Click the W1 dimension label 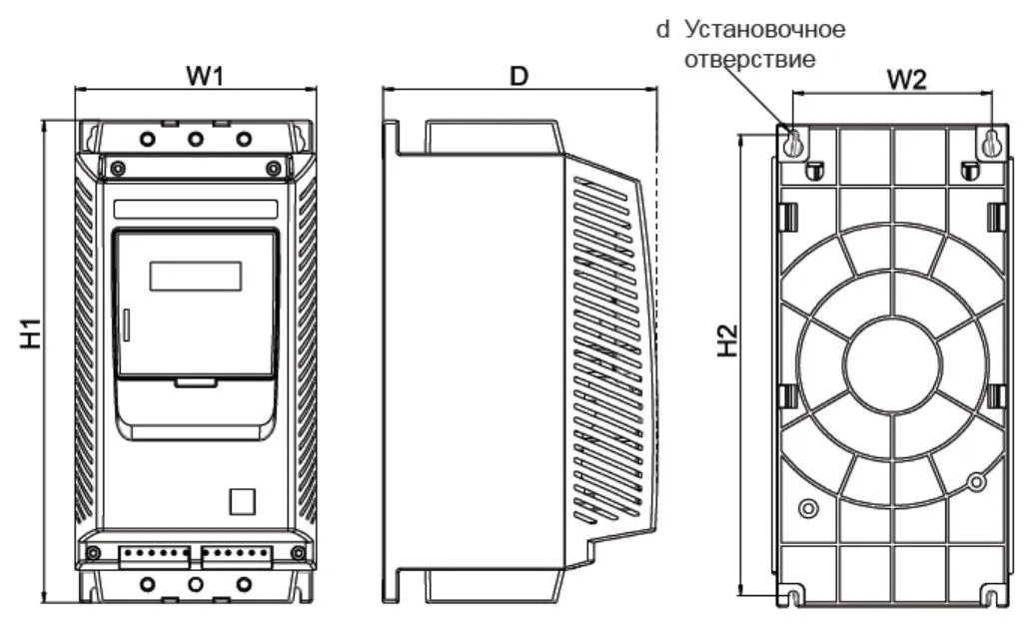[204, 76]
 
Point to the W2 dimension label [904, 80]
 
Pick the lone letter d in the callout [661, 29]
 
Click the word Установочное [763, 29]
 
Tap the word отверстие [748, 59]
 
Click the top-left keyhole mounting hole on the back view [792, 143]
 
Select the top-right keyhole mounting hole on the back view [991, 143]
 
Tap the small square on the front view [243, 500]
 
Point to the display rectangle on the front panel [196, 275]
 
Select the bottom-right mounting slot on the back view [991, 597]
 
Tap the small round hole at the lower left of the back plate [808, 510]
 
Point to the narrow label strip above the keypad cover [196, 210]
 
